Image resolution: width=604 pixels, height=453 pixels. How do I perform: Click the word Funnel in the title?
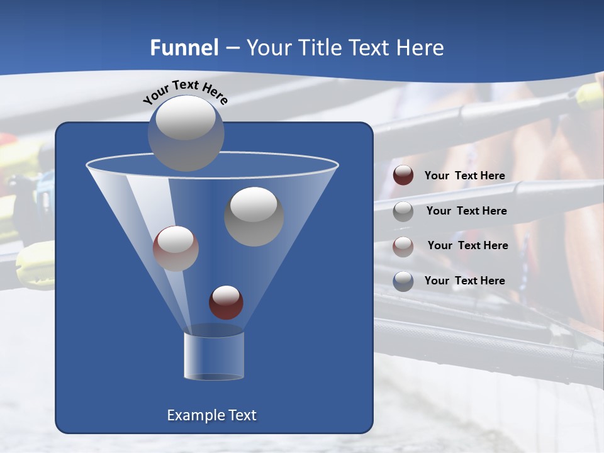(184, 48)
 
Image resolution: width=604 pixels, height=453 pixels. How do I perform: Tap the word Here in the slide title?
(420, 48)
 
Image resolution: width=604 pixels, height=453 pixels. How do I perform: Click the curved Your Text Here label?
(186, 92)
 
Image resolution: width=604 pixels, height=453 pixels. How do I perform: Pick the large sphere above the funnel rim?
(186, 133)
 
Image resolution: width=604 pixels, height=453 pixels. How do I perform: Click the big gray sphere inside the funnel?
(254, 216)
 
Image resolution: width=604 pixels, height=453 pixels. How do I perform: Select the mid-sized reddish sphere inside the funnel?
(176, 249)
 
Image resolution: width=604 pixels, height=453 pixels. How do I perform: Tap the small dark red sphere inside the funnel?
(226, 303)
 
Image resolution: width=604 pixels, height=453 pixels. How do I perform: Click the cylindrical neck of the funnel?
(214, 355)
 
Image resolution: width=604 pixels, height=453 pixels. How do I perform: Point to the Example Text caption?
(212, 415)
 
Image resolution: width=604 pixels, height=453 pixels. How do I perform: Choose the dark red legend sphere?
(403, 176)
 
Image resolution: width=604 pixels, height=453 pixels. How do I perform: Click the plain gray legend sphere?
(403, 211)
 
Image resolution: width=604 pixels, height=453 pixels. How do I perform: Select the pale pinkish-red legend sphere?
(403, 246)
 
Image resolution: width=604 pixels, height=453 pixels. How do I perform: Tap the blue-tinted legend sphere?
(403, 281)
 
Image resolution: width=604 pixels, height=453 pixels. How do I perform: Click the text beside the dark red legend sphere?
(465, 176)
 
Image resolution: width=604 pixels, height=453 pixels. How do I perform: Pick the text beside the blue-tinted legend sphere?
(465, 281)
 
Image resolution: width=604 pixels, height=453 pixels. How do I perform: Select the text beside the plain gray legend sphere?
(467, 211)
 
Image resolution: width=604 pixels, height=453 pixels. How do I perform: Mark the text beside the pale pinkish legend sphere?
(468, 245)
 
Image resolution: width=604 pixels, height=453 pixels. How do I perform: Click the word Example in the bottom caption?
(195, 415)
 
